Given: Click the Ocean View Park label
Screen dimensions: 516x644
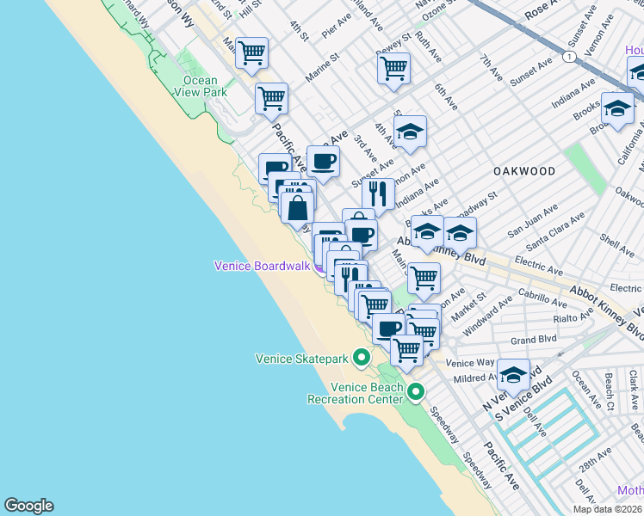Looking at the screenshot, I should click(200, 86).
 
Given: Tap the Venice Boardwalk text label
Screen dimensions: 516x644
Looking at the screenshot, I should click(262, 266).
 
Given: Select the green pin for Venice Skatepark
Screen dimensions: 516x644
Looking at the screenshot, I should click(362, 357).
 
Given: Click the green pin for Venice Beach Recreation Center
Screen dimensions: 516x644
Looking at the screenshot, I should click(416, 393).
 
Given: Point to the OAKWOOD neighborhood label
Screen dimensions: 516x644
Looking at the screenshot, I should click(524, 171).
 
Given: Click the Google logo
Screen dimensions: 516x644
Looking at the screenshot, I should click(28, 506).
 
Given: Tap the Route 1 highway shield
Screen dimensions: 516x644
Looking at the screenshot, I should click(569, 57).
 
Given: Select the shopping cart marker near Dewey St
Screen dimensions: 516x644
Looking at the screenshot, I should click(393, 68).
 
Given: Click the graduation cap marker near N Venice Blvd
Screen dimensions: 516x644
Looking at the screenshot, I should click(514, 374).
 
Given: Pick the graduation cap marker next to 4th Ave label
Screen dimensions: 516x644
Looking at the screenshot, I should click(411, 132).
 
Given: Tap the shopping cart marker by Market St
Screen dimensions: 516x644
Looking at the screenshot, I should click(424, 278).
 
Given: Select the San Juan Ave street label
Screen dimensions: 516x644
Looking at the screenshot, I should click(533, 221).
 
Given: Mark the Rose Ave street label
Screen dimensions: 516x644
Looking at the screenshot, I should click(542, 9).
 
